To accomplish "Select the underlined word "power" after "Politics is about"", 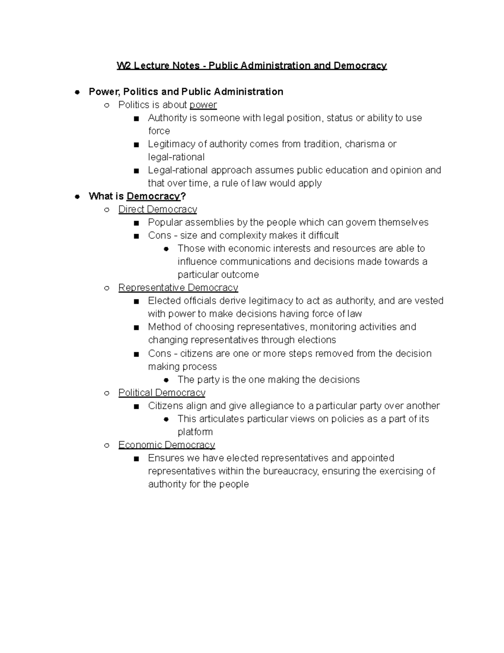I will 203,105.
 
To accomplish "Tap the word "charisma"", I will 365,144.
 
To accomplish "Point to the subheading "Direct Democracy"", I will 157,209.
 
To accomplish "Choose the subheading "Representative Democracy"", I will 178,288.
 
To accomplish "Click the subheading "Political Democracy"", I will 162,392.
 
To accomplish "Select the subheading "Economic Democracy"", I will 167,445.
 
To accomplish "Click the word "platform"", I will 195,432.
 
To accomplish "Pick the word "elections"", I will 317,340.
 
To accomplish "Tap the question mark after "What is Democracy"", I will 183,196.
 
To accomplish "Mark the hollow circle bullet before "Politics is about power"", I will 107,105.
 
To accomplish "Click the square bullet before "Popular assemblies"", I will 136,223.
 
